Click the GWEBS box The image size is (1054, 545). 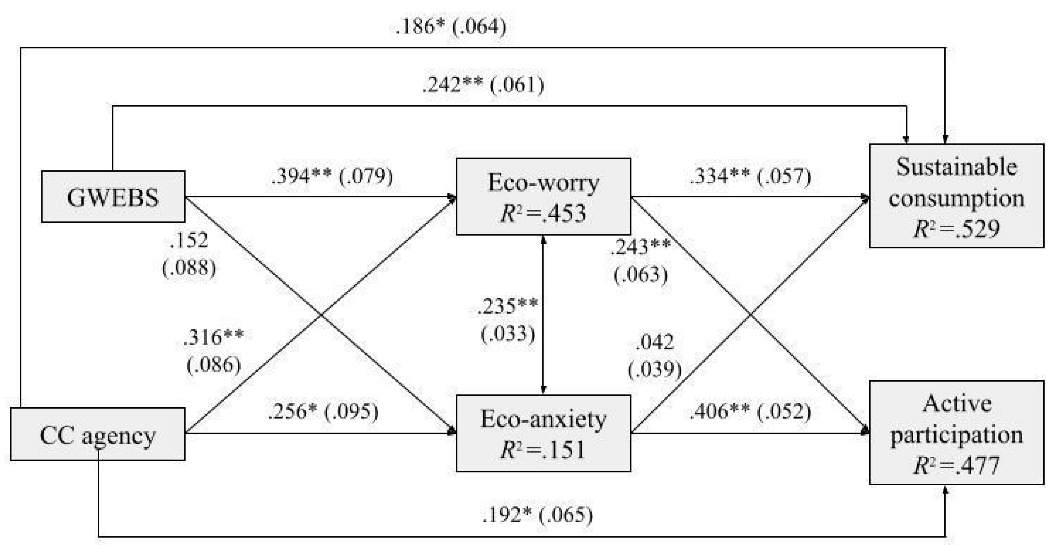[113, 196]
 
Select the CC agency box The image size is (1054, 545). [97, 434]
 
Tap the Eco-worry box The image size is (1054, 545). [543, 196]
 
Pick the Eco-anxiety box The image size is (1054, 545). [543, 433]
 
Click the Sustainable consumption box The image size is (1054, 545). [956, 196]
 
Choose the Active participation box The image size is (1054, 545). [956, 432]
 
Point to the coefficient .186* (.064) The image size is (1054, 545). [451, 27]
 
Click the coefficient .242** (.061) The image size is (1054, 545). [483, 85]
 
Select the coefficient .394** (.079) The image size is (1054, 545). [332, 176]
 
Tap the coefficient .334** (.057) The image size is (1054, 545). [750, 176]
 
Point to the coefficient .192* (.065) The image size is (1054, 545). [537, 515]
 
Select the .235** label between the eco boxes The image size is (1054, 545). [508, 306]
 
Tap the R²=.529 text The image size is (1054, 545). [956, 228]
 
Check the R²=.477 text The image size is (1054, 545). [956, 465]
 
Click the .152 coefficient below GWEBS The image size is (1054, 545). [189, 241]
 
